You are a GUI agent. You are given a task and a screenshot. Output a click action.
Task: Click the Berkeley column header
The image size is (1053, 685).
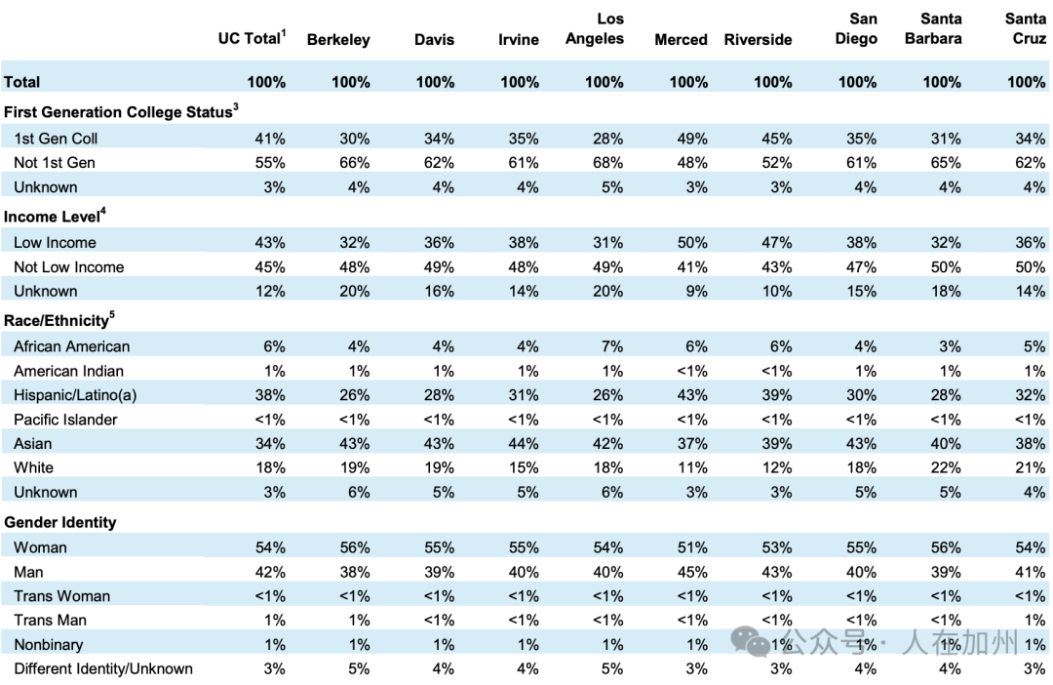[x=338, y=40]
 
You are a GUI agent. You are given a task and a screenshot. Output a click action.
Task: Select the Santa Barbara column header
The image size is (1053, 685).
[x=933, y=29]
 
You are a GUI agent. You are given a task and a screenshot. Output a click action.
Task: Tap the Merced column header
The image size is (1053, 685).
[x=681, y=40]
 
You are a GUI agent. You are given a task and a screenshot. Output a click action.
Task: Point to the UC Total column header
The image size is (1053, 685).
[x=252, y=38]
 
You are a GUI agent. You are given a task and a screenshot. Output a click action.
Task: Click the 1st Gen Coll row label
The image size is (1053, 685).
[x=56, y=139]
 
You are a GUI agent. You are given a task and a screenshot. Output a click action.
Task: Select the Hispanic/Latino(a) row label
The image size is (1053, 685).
[x=75, y=395]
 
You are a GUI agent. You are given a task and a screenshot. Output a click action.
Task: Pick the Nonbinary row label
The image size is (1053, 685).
[x=49, y=645]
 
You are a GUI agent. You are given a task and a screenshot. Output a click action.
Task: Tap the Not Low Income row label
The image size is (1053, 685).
[x=69, y=266]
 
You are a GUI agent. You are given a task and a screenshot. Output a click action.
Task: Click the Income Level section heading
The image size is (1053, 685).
[x=55, y=216]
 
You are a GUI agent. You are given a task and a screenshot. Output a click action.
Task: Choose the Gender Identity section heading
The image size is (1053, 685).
[x=59, y=522]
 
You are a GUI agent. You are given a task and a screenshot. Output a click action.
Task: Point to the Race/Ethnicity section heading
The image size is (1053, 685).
[x=59, y=320]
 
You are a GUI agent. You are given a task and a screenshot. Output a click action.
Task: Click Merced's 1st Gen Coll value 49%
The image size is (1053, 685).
[x=691, y=139]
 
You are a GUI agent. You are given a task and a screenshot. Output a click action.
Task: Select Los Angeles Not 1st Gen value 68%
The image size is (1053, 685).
[x=607, y=163]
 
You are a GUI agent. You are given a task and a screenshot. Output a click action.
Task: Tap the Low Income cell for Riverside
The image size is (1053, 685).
[x=776, y=243]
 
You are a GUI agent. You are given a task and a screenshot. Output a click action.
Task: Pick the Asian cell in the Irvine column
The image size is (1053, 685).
[x=524, y=444]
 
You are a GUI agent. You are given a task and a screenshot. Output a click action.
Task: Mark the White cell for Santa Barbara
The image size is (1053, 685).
[x=946, y=467]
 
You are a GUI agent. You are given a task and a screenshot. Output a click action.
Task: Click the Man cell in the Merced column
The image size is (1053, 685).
[x=691, y=572]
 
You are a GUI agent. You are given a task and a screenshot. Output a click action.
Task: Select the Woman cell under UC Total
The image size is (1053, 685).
[x=270, y=547]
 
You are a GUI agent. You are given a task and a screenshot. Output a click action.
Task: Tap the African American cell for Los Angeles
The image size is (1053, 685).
[x=611, y=346]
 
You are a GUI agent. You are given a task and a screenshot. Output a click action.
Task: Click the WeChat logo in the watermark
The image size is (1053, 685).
[x=750, y=641]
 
